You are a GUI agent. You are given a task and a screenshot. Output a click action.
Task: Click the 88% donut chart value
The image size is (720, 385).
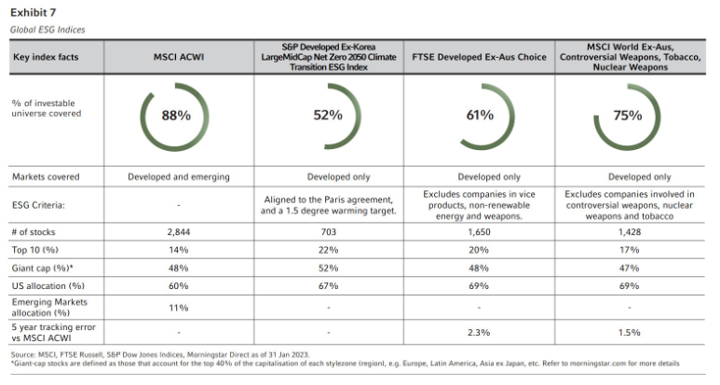(x=177, y=117)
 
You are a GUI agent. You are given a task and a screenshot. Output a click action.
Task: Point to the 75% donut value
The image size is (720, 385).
(x=628, y=117)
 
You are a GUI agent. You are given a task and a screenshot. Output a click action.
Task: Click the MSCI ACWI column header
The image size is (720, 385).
(x=178, y=56)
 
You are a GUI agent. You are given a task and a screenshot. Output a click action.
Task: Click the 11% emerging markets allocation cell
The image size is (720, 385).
(x=177, y=306)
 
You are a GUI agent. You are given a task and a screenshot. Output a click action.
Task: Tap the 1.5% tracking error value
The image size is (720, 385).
(x=628, y=331)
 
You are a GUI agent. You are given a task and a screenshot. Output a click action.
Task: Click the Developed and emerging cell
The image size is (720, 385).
(x=177, y=176)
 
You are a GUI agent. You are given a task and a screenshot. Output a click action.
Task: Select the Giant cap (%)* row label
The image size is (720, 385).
(x=43, y=268)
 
